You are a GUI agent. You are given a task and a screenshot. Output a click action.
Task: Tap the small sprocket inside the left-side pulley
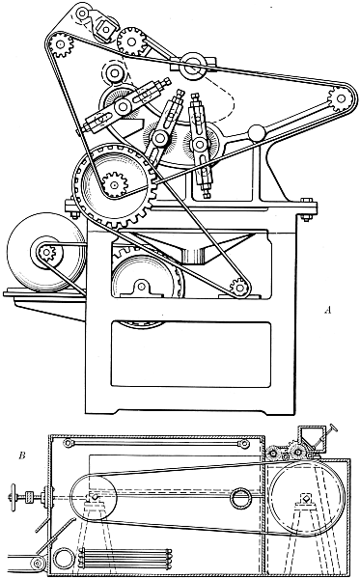(x=45, y=255)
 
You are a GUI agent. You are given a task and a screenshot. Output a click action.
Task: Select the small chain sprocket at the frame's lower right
(x=236, y=286)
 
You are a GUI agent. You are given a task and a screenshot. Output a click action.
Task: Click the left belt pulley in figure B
(x=92, y=501)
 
